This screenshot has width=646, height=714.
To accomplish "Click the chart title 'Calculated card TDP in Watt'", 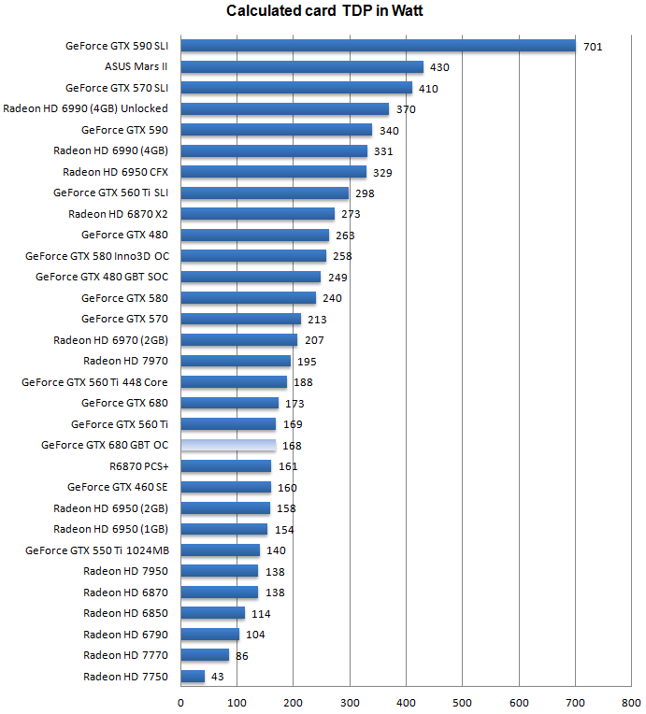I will click(324, 11).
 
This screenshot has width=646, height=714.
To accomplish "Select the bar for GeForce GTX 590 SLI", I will click(378, 45).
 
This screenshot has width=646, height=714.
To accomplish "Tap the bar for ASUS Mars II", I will click(301, 66).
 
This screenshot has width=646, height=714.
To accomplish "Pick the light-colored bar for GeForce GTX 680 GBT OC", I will click(228, 445).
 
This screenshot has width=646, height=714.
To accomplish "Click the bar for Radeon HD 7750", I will click(193, 676).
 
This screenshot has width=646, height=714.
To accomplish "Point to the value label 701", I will click(593, 46).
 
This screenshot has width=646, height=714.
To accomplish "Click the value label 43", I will click(219, 677).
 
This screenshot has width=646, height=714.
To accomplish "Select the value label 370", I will click(406, 109).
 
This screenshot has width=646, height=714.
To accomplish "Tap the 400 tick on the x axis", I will click(406, 701).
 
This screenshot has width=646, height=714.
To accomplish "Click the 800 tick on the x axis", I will click(631, 701).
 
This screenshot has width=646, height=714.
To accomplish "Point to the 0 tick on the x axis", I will click(180, 701).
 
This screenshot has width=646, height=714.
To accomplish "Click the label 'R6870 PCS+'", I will click(139, 466).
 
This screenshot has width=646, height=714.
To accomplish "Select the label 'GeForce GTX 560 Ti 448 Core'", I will click(95, 382).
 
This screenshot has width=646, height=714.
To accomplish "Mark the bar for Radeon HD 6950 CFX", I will click(273, 172).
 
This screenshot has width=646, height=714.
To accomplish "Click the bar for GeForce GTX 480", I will click(254, 235).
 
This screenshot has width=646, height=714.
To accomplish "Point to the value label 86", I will click(241, 656).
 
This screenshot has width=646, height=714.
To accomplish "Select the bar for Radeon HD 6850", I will click(212, 613).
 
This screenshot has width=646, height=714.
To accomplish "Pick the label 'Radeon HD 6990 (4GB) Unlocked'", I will click(86, 108).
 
